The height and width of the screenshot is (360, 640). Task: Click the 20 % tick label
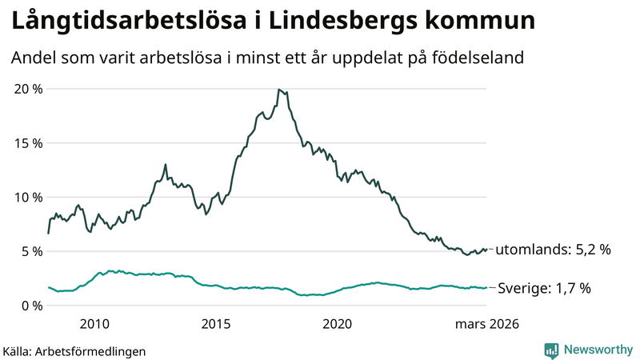[x=28, y=89]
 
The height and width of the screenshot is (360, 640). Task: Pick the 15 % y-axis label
[x=28, y=143]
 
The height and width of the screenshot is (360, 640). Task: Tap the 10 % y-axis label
[x=28, y=197]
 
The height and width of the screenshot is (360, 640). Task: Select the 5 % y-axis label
[x=32, y=251]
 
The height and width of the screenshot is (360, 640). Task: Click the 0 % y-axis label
[x=32, y=306]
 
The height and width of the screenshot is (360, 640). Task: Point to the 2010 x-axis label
[x=94, y=324]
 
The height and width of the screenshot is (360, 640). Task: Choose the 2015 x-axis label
[x=216, y=324]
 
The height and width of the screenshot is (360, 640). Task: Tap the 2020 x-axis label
[x=337, y=324]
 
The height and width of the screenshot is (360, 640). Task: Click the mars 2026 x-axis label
[x=487, y=324]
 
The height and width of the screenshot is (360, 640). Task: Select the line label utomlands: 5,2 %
[x=553, y=250]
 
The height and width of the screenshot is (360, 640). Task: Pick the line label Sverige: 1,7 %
[x=545, y=288]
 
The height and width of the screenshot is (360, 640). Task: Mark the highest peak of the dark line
[x=278, y=90]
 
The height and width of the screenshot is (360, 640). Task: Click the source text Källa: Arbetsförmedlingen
[x=74, y=350]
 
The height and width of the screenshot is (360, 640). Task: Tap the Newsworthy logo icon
[x=551, y=350]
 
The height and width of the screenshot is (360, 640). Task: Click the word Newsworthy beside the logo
[x=597, y=350]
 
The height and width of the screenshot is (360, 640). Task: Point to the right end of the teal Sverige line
[x=486, y=288]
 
